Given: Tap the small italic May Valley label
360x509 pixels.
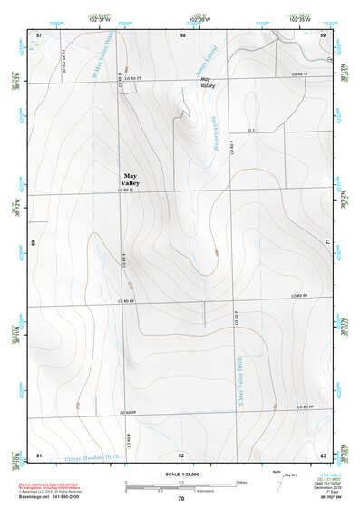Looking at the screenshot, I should pos(207,82).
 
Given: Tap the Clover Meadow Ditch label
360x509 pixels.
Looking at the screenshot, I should pos(92,456).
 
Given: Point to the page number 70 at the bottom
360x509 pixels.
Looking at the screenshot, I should pos(181,498).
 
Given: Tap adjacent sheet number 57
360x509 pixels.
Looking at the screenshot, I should pos(39,34).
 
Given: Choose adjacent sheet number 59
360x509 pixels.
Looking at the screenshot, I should pos(323,34).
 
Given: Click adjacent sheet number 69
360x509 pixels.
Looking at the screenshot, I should pos(34,243).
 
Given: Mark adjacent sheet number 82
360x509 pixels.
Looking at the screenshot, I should pos(181,454).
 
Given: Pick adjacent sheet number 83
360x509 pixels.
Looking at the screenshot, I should pos(323,454).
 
